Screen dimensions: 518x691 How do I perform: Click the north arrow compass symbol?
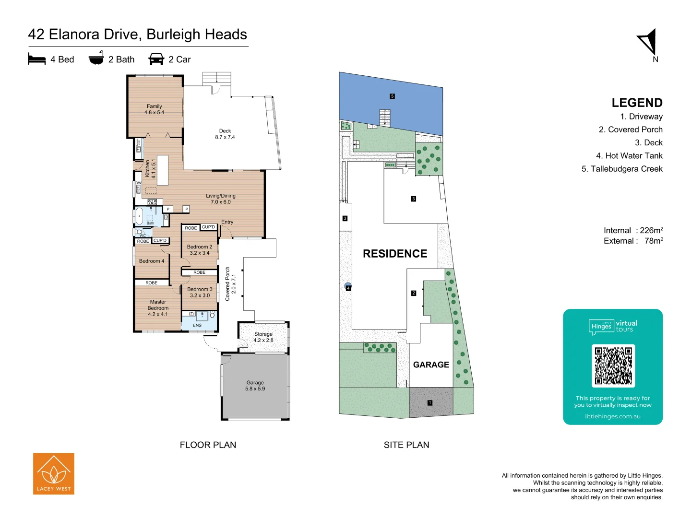(x=648, y=42)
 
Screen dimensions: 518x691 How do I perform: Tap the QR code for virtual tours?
(x=613, y=365)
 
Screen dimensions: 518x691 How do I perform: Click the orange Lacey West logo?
(x=54, y=473)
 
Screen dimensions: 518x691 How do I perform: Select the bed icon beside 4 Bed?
(x=37, y=59)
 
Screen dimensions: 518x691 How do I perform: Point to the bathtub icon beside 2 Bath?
(x=96, y=58)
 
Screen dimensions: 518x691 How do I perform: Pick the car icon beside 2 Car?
(x=156, y=59)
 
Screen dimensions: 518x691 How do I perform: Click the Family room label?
(x=154, y=109)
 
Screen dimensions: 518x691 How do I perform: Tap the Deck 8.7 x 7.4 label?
(x=225, y=134)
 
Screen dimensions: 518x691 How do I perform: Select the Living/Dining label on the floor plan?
(x=221, y=199)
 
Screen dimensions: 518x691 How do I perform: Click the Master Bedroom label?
(x=158, y=308)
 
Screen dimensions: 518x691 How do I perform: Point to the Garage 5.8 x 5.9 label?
(x=255, y=386)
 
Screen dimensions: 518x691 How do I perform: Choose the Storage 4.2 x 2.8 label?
(x=263, y=337)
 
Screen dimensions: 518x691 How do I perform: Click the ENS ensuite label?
(x=197, y=325)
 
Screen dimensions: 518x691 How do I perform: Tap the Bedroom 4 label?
(x=152, y=261)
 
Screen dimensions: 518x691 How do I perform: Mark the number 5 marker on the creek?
(x=392, y=96)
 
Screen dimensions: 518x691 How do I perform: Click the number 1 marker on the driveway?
(x=430, y=403)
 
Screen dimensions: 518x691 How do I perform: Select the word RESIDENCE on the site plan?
(x=395, y=254)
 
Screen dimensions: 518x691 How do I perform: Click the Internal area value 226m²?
(x=651, y=230)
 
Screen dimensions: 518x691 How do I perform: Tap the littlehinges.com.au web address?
(x=613, y=416)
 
